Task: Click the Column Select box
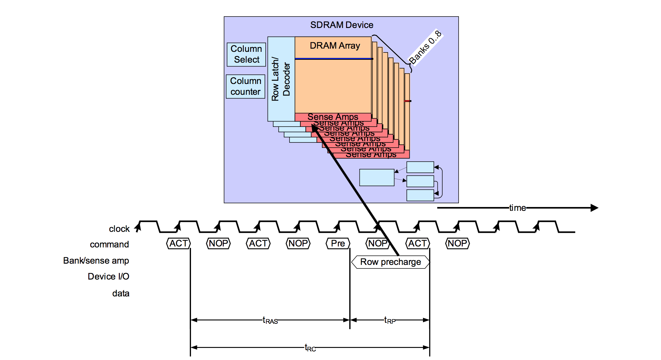pos(246,54)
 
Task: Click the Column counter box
pos(245,86)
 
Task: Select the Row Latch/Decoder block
pos(281,79)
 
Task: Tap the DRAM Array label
pos(335,46)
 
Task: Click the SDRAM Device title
pos(342,25)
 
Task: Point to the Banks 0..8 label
pos(425,47)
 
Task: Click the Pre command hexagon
pos(338,244)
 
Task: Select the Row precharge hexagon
pos(390,262)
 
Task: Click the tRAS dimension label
pos(270,320)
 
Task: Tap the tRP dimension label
pos(390,320)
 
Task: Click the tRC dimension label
pos(310,348)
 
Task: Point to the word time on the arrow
pos(517,208)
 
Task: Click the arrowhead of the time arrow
pos(594,208)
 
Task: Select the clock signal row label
pos(119,229)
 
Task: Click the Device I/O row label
pos(108,276)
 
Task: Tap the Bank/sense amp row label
pos(96,261)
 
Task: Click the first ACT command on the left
pos(179,244)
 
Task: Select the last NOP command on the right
pos(457,244)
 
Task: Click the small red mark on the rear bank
pos(407,101)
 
